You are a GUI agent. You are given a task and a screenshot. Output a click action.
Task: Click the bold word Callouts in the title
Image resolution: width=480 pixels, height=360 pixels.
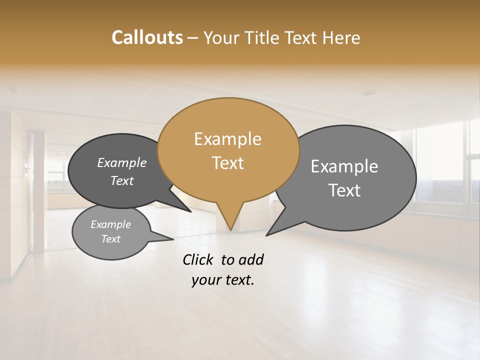(x=147, y=37)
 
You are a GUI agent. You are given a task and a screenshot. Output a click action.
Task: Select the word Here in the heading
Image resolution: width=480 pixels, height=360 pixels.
(x=342, y=37)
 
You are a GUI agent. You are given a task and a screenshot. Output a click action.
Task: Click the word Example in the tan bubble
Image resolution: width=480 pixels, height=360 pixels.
(x=227, y=139)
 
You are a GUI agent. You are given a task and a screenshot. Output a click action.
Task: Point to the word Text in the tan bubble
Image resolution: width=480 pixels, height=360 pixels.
(x=227, y=163)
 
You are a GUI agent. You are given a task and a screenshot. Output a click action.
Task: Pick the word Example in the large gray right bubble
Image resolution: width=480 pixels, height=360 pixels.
(x=344, y=166)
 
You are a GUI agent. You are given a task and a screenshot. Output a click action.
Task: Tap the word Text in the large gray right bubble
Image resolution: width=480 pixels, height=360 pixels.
(x=344, y=190)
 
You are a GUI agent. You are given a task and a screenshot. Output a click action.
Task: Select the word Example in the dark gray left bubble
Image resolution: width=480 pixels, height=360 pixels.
(x=122, y=163)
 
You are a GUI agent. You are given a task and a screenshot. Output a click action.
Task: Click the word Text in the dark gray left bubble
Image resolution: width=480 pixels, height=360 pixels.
(x=122, y=180)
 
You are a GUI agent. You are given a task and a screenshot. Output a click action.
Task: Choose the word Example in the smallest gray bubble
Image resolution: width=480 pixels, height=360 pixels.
(x=110, y=224)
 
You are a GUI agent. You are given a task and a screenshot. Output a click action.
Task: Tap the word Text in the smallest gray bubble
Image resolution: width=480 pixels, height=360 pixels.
(x=110, y=239)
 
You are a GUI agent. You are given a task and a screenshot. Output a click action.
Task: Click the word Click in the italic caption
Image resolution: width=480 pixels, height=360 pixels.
(x=198, y=259)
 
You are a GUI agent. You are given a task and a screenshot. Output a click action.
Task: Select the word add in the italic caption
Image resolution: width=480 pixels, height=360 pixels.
(x=251, y=259)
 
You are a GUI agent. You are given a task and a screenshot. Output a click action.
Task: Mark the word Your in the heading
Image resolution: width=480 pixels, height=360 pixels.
(x=221, y=37)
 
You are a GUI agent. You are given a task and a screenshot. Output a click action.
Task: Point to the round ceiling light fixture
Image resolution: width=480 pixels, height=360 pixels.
(x=369, y=93)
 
